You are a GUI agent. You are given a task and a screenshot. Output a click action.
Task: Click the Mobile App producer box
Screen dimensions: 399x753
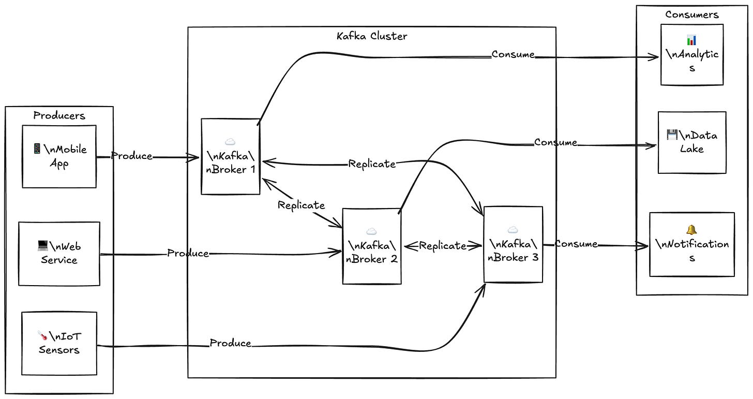pos(59,156)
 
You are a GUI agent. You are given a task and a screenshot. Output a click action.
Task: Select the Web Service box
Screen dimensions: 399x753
pos(59,254)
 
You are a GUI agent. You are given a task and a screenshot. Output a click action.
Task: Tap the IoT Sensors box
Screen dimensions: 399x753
pos(59,343)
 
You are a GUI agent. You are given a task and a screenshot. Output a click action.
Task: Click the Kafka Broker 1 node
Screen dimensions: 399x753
pos(231,156)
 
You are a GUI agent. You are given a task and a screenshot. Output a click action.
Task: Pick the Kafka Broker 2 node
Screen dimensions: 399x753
pos(371,246)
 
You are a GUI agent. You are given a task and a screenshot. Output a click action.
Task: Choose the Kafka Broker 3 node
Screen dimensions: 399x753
pos(513,244)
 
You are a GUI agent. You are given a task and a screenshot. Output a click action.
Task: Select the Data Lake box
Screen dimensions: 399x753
pos(692,142)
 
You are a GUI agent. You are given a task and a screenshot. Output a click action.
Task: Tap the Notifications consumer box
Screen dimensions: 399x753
pos(692,244)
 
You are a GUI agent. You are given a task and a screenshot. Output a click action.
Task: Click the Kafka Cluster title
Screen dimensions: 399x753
pos(371,36)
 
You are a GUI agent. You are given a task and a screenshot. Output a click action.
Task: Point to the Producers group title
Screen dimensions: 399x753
pos(59,115)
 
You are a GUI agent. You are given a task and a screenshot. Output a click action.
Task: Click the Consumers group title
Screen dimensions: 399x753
pos(692,14)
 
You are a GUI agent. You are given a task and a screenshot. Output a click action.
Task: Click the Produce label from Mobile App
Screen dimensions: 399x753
pos(132,156)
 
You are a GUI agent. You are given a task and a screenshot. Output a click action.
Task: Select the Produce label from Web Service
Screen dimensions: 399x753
pos(188,253)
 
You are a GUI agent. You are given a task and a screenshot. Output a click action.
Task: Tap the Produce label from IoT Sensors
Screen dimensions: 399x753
pos(231,343)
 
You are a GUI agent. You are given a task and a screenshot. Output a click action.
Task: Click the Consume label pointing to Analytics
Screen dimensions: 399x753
pos(513,54)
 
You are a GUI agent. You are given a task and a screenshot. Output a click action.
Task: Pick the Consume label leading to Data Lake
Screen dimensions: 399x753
pos(556,142)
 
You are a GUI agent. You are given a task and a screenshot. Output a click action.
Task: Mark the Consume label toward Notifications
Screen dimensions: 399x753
pos(576,244)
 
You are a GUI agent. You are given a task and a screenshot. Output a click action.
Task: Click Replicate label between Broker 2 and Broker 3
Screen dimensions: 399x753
pos(442,246)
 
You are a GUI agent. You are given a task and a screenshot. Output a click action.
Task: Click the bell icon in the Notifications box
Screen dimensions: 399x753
pos(691,229)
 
